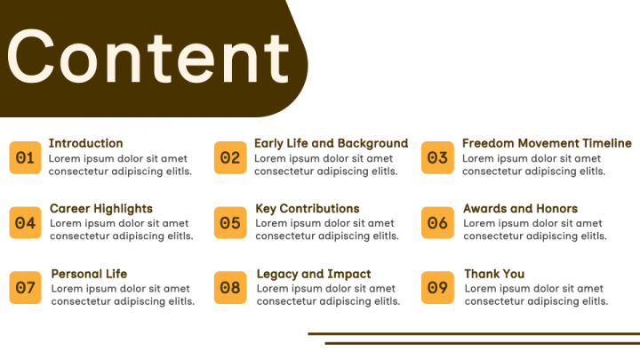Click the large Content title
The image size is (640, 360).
coord(148,56)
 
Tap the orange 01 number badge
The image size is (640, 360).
coord(25,157)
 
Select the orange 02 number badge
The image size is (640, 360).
coord(230,157)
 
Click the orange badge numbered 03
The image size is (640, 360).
coord(437,157)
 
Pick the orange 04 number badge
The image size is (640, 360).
coord(25,222)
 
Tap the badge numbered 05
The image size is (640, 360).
coord(230,222)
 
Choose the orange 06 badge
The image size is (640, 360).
coord(437,222)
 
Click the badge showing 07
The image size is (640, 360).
coord(25,288)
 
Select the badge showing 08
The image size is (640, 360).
coord(230,288)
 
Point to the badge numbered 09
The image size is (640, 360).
coord(437,288)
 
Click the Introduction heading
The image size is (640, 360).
coord(85,143)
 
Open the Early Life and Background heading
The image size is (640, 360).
coord(331,144)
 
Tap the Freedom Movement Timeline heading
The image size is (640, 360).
coord(547,143)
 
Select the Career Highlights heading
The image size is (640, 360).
coord(101,209)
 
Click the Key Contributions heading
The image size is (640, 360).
coord(308,209)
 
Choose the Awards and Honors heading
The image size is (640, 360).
coord(520,209)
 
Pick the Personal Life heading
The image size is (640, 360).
coord(89,274)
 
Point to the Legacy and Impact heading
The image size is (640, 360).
coord(314,275)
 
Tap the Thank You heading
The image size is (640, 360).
coord(494,274)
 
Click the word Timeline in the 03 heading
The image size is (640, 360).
coord(607,143)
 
